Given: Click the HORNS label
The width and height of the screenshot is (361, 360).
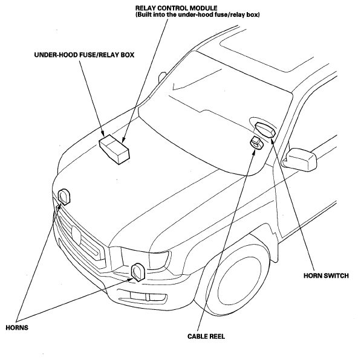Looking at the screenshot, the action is (17, 327).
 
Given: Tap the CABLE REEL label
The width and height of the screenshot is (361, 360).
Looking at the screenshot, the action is (206, 336).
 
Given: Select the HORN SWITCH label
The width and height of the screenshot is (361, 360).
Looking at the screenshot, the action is (326, 275).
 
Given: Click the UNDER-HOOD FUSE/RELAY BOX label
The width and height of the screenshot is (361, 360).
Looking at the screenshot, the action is (84, 55).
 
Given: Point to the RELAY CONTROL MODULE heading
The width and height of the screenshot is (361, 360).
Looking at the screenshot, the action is (176, 8).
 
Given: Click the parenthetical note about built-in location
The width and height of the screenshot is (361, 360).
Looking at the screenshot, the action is (198, 14).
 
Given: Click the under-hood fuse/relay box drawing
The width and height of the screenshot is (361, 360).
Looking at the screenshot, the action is (114, 149).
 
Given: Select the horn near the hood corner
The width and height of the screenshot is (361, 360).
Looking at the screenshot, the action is (63, 196).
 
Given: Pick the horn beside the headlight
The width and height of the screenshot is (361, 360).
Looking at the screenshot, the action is (138, 272).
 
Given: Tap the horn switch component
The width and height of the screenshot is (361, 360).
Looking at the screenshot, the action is (265, 129).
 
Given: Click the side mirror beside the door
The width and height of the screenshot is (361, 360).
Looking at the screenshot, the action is (301, 159).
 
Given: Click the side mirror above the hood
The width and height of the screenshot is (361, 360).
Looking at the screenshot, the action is (161, 77).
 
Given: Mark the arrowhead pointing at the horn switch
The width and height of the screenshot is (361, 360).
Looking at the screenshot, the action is (272, 140).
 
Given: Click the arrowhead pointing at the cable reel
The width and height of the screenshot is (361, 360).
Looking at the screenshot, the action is (253, 152).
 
